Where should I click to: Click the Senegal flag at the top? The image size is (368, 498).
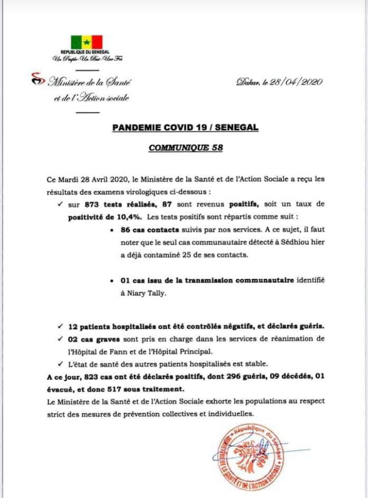coord(86,41)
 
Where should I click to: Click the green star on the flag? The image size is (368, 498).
coord(86,41)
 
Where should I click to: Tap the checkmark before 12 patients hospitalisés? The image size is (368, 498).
coord(61,326)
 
